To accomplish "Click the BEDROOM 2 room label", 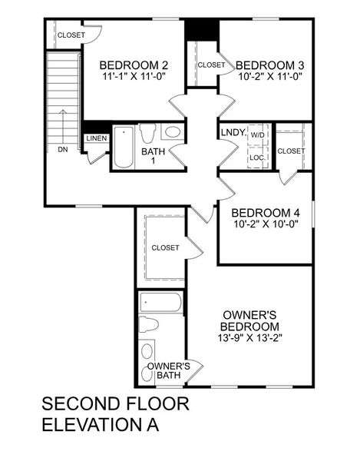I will [x=135, y=65].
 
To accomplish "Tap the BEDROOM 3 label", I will [x=265, y=65].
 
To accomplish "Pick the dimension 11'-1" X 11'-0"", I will [x=135, y=77].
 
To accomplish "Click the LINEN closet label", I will [x=97, y=138].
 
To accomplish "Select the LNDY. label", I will [x=233, y=132].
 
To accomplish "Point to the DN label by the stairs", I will [x=62, y=149].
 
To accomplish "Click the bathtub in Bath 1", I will [x=124, y=146].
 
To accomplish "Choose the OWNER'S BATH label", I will [x=168, y=370].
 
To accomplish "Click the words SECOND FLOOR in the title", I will [x=114, y=404].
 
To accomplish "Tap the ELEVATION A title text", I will [x=101, y=426].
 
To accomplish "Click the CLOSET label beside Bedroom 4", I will [x=290, y=151].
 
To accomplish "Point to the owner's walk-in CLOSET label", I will [x=165, y=247].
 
